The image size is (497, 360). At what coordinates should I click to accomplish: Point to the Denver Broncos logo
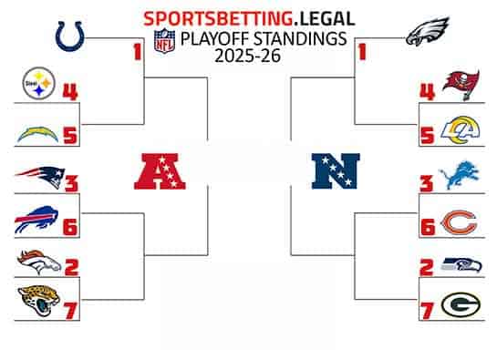point(37,263)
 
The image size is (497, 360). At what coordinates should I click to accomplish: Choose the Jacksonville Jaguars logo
point(37,303)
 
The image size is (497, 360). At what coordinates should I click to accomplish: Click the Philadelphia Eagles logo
point(430,36)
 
